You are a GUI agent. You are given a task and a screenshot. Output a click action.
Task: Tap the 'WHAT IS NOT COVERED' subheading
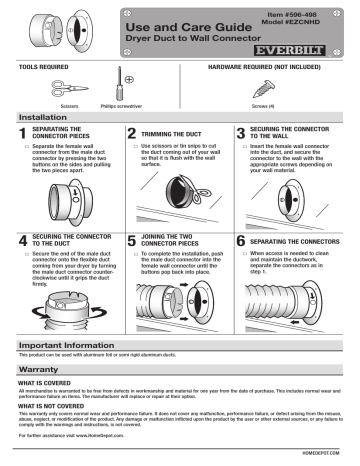tap(44, 405)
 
